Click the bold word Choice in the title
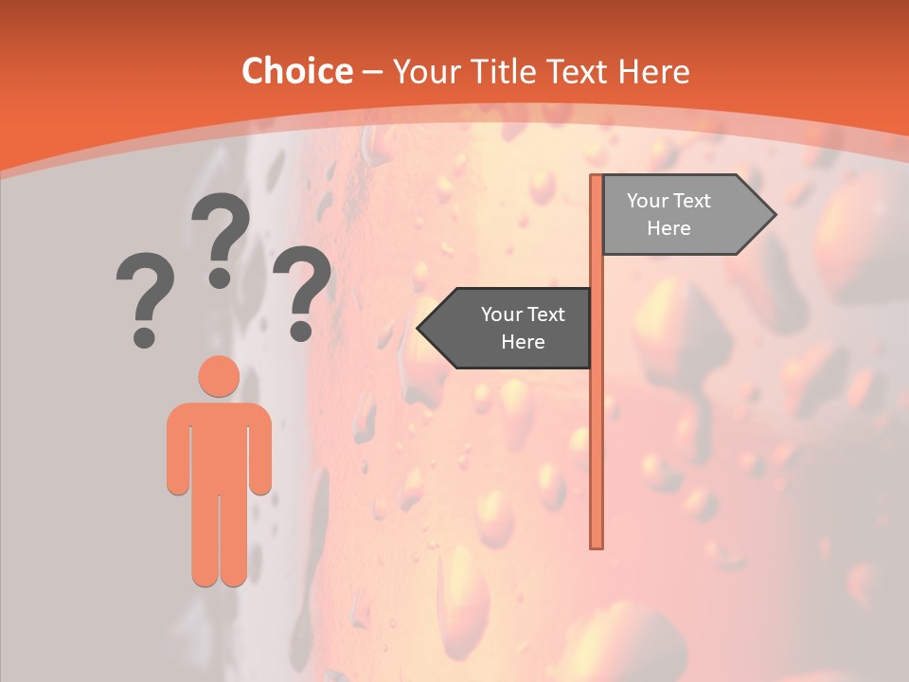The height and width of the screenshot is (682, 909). tap(296, 72)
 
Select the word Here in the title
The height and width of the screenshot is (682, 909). tap(653, 72)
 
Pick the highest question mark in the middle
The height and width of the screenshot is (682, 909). tap(221, 237)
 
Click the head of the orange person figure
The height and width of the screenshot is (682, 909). tap(219, 376)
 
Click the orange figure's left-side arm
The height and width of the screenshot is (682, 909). tap(178, 450)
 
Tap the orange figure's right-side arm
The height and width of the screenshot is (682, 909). tap(260, 450)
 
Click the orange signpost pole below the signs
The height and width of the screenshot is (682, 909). tap(597, 455)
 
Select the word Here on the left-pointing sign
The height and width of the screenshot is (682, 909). tap(523, 342)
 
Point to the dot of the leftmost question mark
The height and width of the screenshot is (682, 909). tap(144, 336)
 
